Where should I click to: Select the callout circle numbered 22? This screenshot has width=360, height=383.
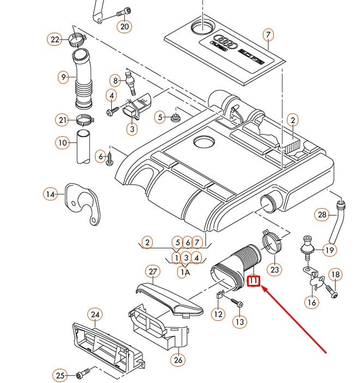coord(55,39)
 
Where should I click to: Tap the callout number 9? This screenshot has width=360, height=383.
coord(63,78)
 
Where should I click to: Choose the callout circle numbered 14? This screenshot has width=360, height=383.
coord(51,194)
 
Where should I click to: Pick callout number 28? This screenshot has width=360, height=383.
coord(322,215)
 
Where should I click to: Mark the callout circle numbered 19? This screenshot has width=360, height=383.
coord(329,250)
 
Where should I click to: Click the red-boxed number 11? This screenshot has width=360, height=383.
coord(254,281)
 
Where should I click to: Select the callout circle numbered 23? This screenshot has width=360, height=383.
coord(274,269)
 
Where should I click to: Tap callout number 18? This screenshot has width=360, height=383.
coord(335,275)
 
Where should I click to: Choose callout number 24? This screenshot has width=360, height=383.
coord(95,314)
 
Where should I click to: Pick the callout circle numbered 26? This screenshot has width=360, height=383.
coord(178,360)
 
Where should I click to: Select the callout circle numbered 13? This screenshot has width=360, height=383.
coord(240,321)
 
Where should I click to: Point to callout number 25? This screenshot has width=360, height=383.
coord(60,375)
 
